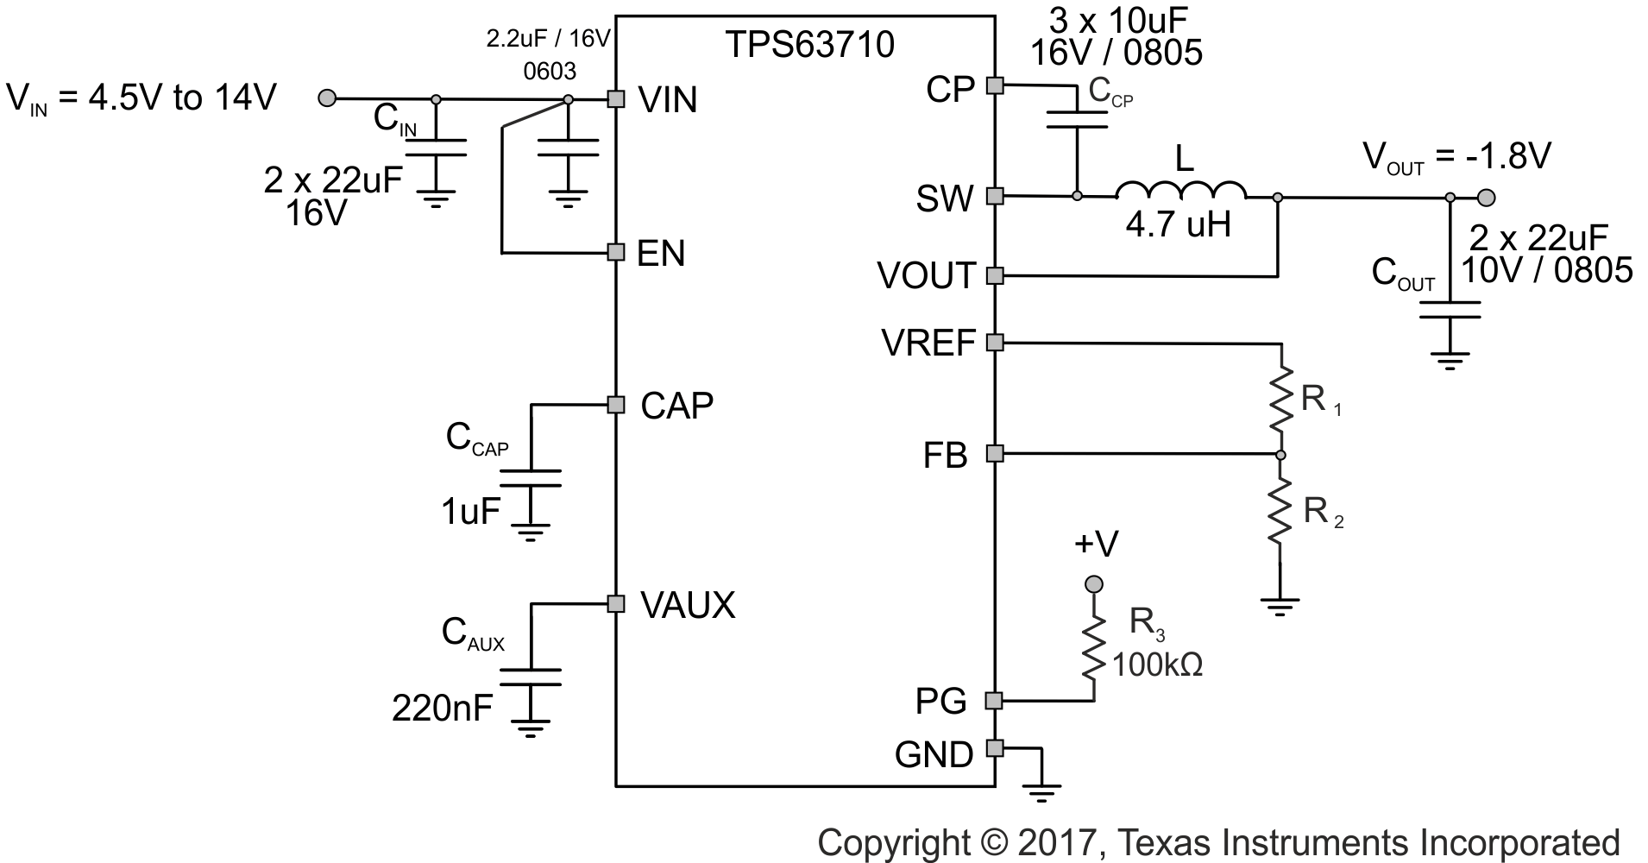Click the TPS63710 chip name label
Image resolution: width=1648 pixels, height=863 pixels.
(x=808, y=44)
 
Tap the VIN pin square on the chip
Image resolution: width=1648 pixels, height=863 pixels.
(x=615, y=99)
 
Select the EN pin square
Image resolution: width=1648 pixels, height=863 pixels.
(x=615, y=252)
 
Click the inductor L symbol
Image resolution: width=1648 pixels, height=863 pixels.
(x=1180, y=191)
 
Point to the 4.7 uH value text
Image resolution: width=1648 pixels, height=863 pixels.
(x=1178, y=225)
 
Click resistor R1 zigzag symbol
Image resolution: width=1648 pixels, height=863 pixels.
(x=1280, y=398)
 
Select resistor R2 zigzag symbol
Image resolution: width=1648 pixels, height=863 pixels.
(x=1280, y=511)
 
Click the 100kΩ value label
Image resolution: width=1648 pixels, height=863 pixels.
(x=1157, y=665)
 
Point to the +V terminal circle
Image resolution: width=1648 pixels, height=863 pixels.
(x=1094, y=585)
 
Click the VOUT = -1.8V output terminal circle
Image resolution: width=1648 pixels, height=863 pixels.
(x=1486, y=198)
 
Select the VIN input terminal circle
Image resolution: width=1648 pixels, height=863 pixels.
(x=327, y=98)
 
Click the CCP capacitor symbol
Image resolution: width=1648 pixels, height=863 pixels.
(x=1077, y=120)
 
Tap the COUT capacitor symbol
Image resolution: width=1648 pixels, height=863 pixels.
(x=1450, y=310)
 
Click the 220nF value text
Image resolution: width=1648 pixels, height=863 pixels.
(x=442, y=709)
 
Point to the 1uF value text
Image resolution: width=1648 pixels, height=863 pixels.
(x=470, y=513)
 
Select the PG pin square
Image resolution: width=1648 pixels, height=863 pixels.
(x=995, y=700)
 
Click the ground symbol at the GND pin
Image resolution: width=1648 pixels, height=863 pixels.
(x=1041, y=790)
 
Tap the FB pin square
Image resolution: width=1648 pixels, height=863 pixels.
(x=995, y=453)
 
